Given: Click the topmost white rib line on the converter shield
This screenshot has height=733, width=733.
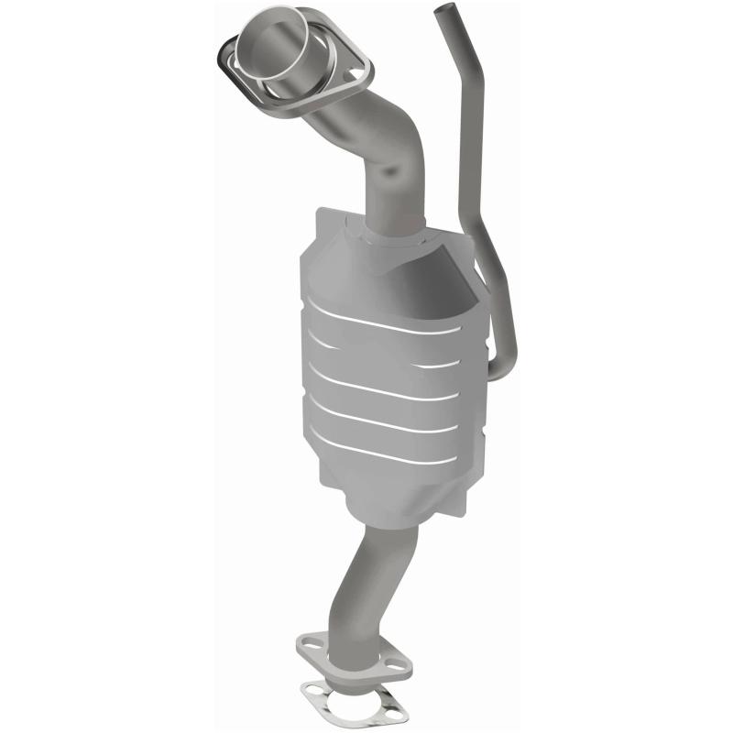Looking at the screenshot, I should (x=385, y=316).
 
